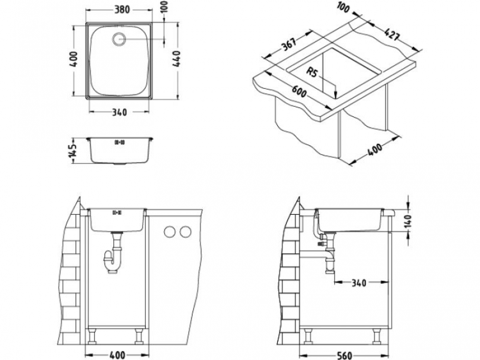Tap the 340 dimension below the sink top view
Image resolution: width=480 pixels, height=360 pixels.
click(x=120, y=113)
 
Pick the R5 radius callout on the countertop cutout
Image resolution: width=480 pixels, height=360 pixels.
click(x=313, y=72)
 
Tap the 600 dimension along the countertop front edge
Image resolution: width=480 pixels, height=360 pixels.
click(x=298, y=94)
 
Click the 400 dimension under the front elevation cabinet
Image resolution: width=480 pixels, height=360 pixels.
click(x=116, y=354)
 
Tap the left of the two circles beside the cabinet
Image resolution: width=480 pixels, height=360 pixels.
click(x=171, y=231)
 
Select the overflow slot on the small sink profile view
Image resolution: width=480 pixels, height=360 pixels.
click(x=119, y=142)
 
